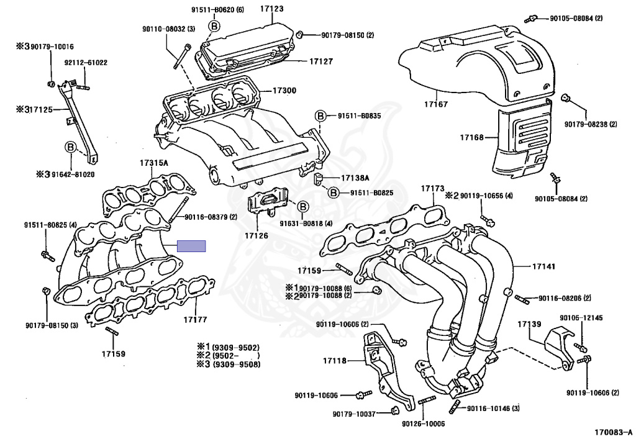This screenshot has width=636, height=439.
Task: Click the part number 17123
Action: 272,9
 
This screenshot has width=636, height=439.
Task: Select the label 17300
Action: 284,91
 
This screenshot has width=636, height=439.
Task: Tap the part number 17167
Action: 436,104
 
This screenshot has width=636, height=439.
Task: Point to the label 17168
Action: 472,137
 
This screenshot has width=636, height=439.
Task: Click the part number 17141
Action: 543,266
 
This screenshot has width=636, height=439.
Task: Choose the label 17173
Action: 433,189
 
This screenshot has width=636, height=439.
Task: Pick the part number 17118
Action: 335,360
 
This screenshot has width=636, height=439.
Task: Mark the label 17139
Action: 529,324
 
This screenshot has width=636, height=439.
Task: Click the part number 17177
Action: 195,319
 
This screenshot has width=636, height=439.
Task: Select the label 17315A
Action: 154,163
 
